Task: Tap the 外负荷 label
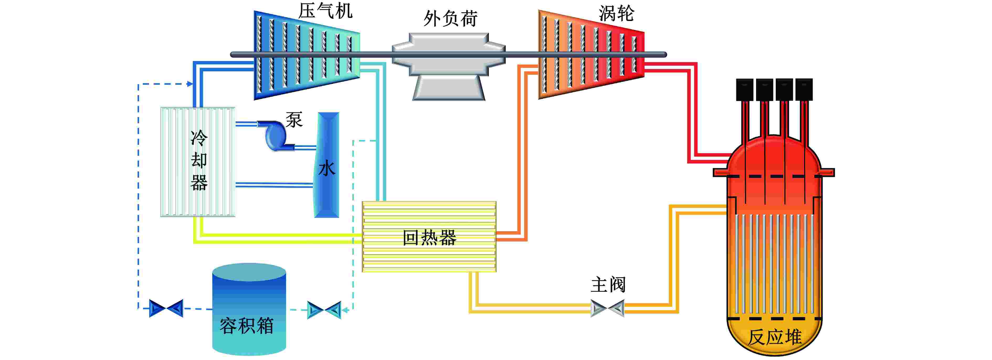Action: click(x=451, y=18)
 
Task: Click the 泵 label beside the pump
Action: click(x=294, y=120)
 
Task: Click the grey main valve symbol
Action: click(x=607, y=308)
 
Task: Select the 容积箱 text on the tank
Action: click(x=246, y=326)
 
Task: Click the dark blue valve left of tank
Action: click(x=166, y=308)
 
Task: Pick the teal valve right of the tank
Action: click(x=324, y=310)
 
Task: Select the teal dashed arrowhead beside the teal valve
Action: click(x=345, y=310)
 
